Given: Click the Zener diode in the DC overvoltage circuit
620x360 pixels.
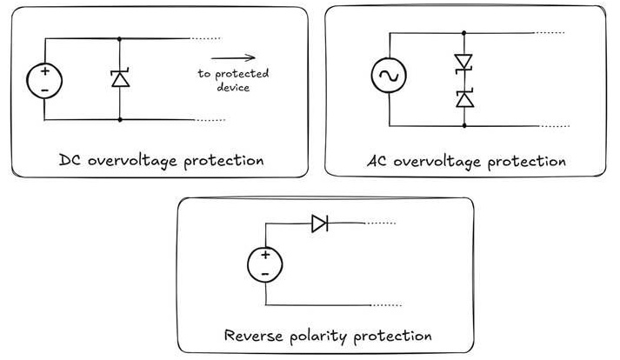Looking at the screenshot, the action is point(120,78).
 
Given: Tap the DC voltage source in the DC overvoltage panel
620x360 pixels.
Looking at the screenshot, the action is point(44,81).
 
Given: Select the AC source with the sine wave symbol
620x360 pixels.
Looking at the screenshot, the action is point(389,75).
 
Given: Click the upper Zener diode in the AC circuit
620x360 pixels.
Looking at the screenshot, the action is point(463,63).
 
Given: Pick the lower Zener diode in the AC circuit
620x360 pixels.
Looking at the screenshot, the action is point(464,99).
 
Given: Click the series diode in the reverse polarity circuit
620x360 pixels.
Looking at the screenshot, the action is point(319,223).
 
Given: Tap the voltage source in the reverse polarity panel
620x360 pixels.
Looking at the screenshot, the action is point(265,264).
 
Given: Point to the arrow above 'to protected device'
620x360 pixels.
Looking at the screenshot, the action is point(233,58).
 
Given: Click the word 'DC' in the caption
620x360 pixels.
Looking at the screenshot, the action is point(70,160).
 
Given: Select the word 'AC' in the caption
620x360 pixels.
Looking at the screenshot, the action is point(377,161).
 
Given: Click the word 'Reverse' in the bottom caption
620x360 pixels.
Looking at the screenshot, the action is point(253,335).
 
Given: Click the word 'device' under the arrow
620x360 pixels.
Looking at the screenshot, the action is point(233,87).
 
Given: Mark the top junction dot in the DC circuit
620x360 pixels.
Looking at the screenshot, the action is point(120,39).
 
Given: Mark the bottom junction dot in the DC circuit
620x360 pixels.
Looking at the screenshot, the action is point(120,119).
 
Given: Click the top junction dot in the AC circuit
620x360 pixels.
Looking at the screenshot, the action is point(463,33).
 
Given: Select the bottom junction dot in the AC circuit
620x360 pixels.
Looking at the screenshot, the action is point(464,126).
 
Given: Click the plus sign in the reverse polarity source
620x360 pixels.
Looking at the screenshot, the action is point(265,255).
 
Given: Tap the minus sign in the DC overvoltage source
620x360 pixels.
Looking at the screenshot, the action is point(44,90).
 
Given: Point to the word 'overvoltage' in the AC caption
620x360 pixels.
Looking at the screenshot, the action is point(437,162).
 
